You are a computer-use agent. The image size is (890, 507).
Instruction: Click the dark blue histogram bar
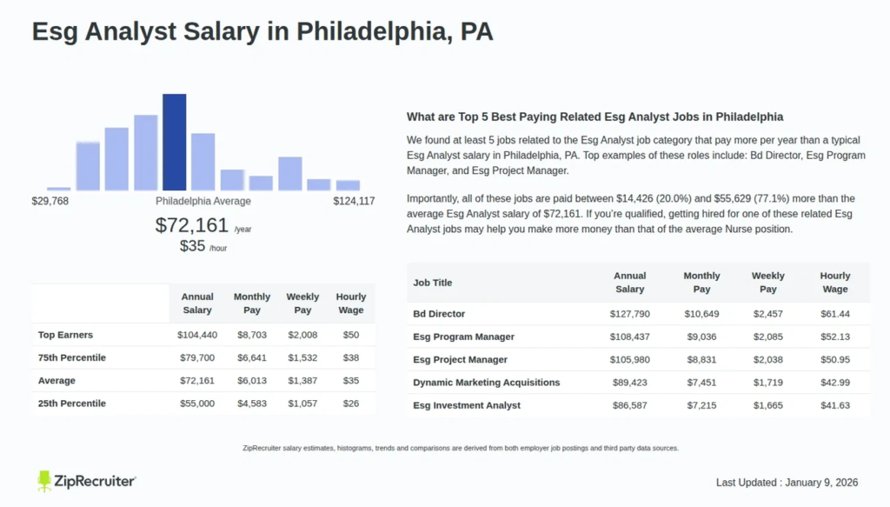coord(175,142)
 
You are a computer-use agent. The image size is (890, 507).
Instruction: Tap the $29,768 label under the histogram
coord(50,201)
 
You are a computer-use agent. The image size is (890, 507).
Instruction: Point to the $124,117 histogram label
coord(354,201)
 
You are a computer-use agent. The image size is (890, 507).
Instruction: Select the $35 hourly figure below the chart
coord(191,246)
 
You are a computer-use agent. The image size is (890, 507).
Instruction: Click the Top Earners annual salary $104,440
coord(197,335)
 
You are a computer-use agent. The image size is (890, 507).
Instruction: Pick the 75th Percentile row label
coord(72,357)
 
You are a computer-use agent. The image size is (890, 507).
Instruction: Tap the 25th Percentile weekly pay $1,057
coord(302,404)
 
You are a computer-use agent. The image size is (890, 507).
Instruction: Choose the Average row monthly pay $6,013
coord(252,381)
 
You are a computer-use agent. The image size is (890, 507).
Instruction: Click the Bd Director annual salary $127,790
coord(629,314)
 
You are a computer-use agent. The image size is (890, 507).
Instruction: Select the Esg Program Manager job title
coord(463,337)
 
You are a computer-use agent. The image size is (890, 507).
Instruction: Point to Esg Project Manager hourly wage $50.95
coord(835,359)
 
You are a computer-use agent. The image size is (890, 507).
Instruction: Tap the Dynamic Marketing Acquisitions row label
coord(486,383)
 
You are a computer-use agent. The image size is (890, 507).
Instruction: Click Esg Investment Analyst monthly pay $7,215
coord(701,405)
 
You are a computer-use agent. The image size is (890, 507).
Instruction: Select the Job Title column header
coord(433,283)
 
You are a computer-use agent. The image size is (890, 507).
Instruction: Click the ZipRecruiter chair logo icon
coord(44,481)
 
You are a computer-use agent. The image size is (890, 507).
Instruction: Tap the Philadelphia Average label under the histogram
coord(203,201)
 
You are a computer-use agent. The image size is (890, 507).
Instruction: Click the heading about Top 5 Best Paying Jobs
coord(594,117)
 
